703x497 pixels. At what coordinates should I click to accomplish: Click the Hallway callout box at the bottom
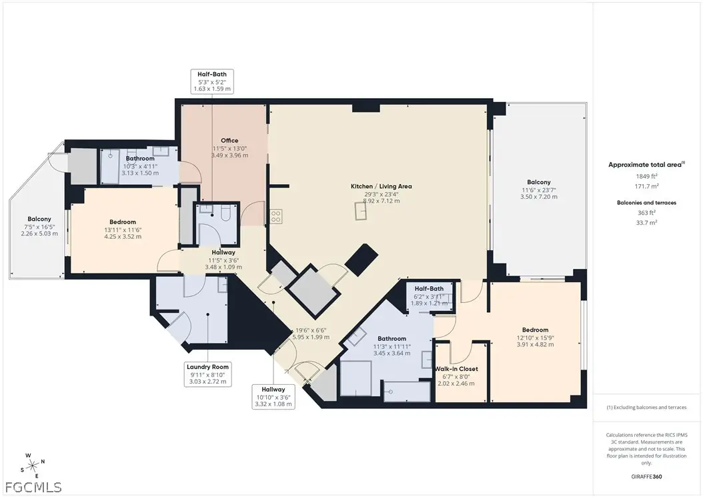tap(273, 397)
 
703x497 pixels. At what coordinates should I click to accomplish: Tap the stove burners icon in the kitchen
tap(275, 217)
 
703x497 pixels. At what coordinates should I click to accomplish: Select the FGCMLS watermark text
tap(31, 487)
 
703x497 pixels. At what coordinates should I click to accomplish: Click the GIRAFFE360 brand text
tap(646, 477)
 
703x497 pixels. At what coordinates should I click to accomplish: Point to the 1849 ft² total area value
tap(646, 176)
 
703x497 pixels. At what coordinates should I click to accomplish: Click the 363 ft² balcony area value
tap(646, 213)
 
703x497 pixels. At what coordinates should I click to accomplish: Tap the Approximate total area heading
tap(646, 164)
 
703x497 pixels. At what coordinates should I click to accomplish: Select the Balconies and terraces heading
tap(646, 202)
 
